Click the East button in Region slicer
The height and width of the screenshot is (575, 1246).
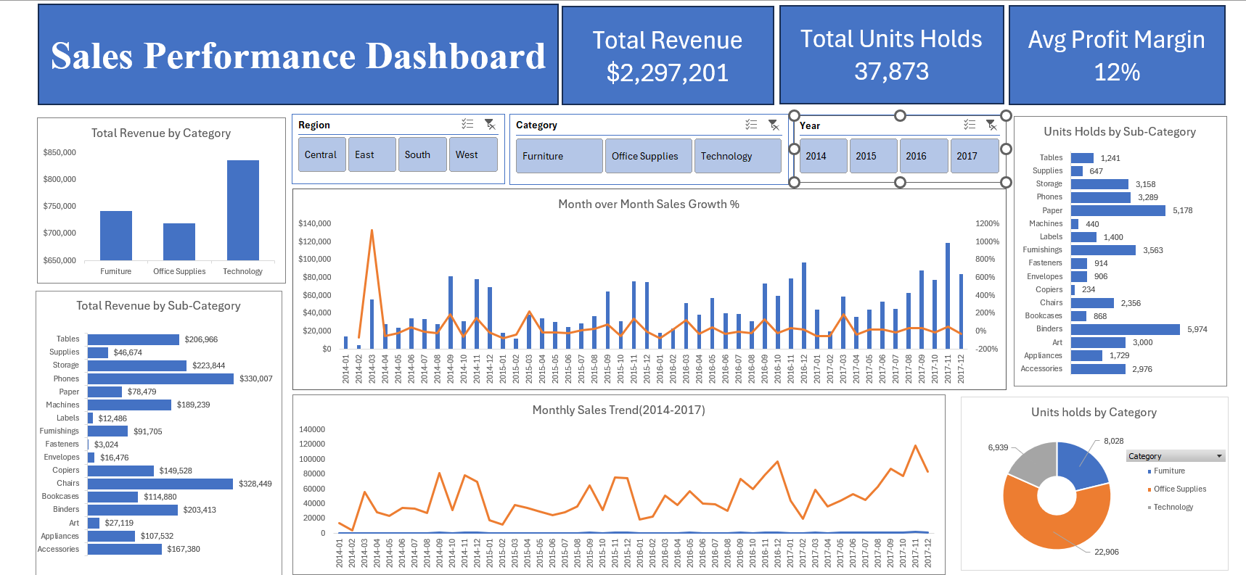(372, 154)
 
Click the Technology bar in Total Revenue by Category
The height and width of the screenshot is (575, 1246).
(242, 210)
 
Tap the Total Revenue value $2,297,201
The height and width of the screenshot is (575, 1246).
(667, 73)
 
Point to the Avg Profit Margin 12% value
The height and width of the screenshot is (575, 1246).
(1116, 73)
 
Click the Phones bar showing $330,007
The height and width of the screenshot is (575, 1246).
(160, 378)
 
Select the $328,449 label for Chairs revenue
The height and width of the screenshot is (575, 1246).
(255, 484)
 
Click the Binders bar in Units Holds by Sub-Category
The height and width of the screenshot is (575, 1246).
(1125, 329)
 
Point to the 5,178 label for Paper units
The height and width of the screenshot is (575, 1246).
(1182, 211)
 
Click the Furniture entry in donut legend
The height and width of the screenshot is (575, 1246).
(1168, 471)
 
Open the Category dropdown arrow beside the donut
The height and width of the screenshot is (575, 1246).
(1219, 456)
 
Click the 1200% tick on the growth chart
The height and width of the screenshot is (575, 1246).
(987, 223)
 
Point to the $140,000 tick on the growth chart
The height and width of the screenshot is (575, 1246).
(314, 223)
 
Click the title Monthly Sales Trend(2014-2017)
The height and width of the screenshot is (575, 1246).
(618, 410)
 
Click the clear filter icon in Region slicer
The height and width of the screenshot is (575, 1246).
(491, 125)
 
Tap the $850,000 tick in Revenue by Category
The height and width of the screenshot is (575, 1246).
(60, 153)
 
